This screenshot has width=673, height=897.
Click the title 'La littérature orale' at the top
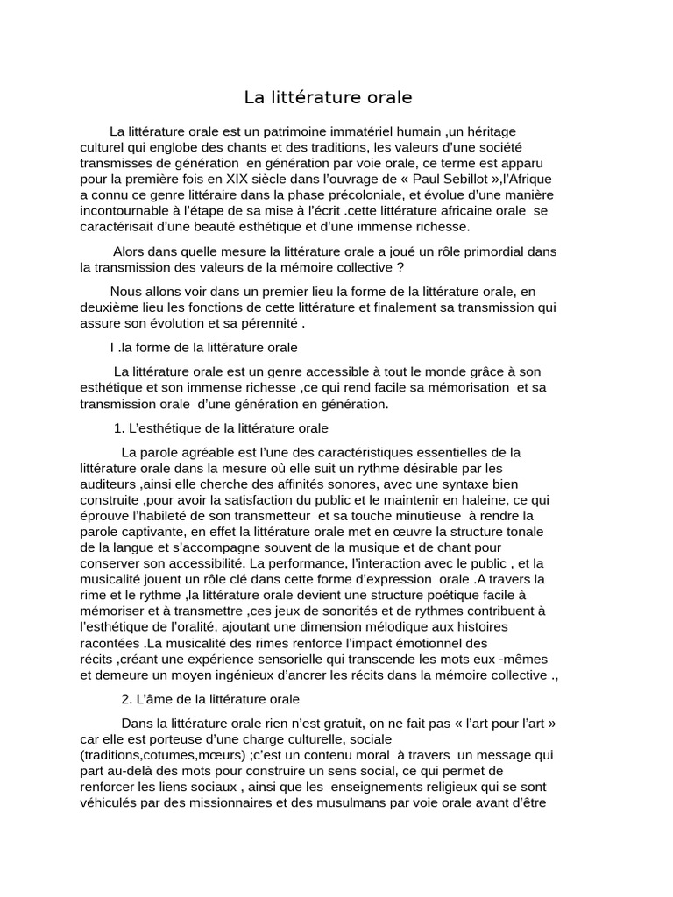328,97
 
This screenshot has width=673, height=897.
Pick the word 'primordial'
499,251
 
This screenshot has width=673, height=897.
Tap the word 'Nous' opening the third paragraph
126,291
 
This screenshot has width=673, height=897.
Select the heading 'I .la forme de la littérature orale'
204,347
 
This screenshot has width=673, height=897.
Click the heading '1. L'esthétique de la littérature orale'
221,428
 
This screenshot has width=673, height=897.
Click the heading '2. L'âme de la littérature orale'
210,699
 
